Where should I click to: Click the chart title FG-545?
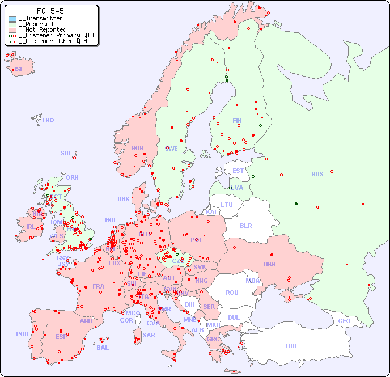pyautogui.click(x=50, y=11)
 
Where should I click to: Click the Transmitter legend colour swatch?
pyautogui.click(x=12, y=19)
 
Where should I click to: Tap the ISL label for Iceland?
pyautogui.click(x=19, y=70)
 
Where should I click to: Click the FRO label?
pyautogui.click(x=48, y=120)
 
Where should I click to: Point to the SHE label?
pyautogui.click(x=66, y=153)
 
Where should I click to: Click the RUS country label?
pyautogui.click(x=317, y=174)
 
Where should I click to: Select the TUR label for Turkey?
pyautogui.click(x=291, y=346)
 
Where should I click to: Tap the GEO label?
pyautogui.click(x=344, y=321)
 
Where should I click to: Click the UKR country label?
pyautogui.click(x=270, y=264)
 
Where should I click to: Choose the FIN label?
pyautogui.click(x=237, y=121)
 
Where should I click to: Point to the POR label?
pyautogui.click(x=22, y=334)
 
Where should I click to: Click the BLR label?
pyautogui.click(x=246, y=225)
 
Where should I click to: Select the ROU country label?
pyautogui.click(x=232, y=293)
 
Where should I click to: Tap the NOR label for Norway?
pyautogui.click(x=137, y=148)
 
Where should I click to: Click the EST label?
pyautogui.click(x=239, y=171)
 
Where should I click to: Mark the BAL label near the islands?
pyautogui.click(x=102, y=348)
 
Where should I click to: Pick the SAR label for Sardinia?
pyautogui.click(x=149, y=335)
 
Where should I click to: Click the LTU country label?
pyautogui.click(x=227, y=205)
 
